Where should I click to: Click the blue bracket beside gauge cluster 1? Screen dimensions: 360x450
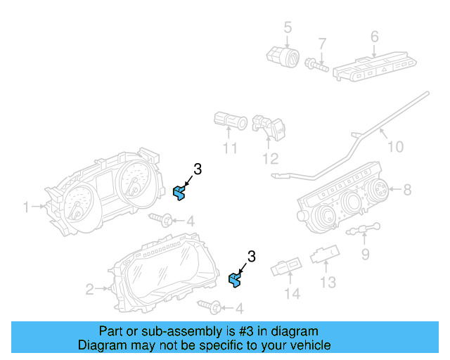(x=179, y=192)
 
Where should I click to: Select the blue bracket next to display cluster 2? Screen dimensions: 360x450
(x=235, y=281)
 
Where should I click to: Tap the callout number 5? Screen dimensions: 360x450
(x=287, y=27)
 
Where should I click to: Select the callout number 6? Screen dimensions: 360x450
(x=374, y=36)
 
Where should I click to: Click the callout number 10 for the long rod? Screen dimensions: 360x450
(x=395, y=146)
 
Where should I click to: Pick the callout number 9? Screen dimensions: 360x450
(x=366, y=253)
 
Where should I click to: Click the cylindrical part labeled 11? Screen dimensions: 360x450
(x=229, y=122)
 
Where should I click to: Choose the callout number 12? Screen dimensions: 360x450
(x=271, y=158)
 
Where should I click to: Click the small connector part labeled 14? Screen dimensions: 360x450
(x=288, y=267)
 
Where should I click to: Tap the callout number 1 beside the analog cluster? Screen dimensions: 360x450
(x=27, y=207)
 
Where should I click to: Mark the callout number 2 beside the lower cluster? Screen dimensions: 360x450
(x=90, y=288)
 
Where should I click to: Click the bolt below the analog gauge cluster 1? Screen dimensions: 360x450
(x=161, y=219)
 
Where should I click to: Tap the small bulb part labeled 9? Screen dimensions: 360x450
(x=366, y=229)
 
